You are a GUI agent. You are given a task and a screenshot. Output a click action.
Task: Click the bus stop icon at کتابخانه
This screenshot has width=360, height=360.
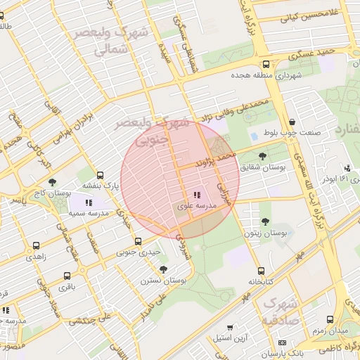coord(261,271)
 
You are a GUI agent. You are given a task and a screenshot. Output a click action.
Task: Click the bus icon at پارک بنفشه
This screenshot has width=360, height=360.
coord(100,175)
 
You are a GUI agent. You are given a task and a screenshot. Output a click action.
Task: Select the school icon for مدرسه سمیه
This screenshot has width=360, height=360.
coord(88,202)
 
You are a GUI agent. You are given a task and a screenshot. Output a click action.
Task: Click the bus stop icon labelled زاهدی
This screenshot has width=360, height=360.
coord(36,246)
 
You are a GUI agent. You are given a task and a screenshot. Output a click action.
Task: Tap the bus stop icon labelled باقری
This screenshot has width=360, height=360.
coord(67,276)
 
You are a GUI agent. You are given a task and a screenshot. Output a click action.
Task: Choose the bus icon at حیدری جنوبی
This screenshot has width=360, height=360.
coord(138,241)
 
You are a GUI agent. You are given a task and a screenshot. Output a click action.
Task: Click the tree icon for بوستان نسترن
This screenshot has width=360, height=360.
coord(164,269)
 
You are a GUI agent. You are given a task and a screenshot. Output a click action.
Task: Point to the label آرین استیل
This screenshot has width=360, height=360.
coord(229,338)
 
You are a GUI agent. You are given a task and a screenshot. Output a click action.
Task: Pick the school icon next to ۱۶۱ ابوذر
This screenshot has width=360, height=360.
coord(347,168)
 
